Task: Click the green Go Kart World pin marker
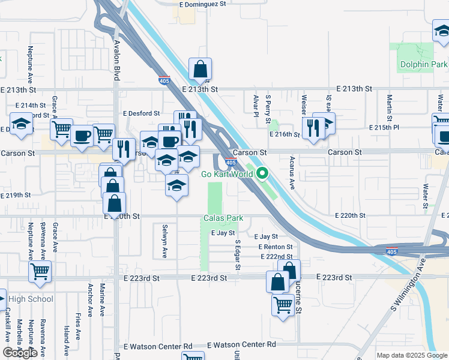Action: tap(262, 175)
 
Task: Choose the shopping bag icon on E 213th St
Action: tap(200, 70)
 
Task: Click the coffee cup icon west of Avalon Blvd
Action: tap(82, 136)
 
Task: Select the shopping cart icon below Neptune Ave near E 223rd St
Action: tap(40, 271)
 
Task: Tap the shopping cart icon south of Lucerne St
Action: tap(283, 304)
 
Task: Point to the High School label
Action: tap(31, 299)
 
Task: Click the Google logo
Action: tap(20, 353)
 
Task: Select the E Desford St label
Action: tap(141, 113)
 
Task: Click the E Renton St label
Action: tap(276, 247)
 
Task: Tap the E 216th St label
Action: tap(286, 134)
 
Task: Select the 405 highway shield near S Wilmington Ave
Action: tap(392, 252)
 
